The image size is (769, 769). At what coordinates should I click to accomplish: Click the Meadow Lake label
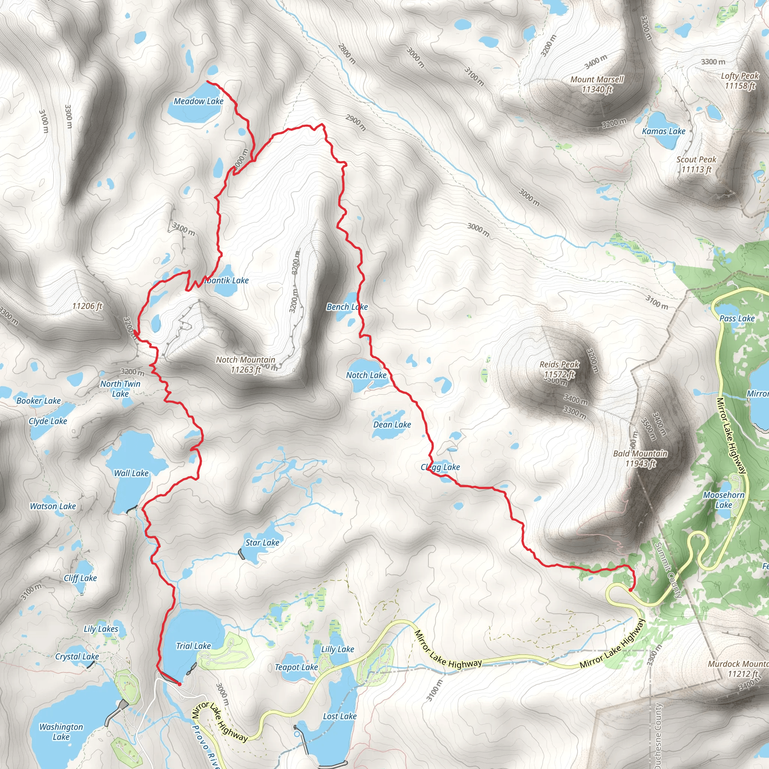click(x=198, y=101)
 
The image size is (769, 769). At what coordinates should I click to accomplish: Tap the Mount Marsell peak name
click(x=597, y=80)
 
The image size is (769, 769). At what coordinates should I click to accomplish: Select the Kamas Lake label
click(x=663, y=131)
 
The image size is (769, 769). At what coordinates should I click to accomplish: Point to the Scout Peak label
click(x=696, y=160)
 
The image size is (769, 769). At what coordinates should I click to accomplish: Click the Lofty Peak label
click(x=740, y=76)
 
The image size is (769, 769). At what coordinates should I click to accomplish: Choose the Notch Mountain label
click(x=246, y=360)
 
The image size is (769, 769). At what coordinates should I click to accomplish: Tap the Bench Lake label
click(x=347, y=307)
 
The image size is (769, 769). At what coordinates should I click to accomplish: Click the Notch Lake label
click(x=366, y=375)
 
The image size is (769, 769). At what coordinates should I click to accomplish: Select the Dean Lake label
click(x=392, y=425)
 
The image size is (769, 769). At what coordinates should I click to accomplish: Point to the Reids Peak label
click(x=559, y=364)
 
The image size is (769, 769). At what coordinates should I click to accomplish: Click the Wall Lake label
click(x=131, y=473)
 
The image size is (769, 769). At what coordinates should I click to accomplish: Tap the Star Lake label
click(x=262, y=543)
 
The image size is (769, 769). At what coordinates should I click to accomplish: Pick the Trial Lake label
click(x=193, y=645)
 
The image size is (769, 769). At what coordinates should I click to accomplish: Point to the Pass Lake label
click(x=737, y=318)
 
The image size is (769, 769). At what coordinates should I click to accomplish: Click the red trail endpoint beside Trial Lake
click(x=179, y=684)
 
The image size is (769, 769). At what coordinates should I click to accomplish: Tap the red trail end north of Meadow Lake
click(x=207, y=81)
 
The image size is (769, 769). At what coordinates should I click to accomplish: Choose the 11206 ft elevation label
click(x=87, y=306)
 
